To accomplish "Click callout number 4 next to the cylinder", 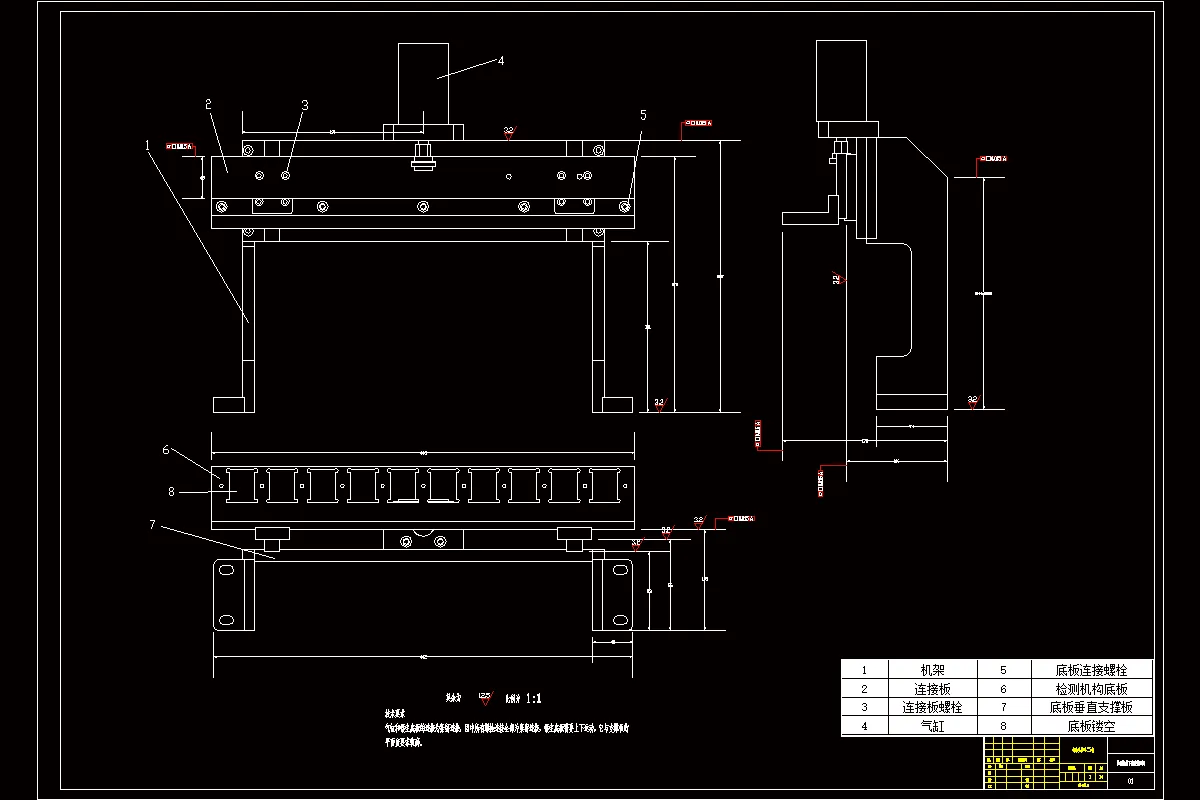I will tap(501, 60).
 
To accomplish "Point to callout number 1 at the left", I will tap(148, 144).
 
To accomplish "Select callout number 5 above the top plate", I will tap(643, 115).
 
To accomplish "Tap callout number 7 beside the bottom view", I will tap(151, 525).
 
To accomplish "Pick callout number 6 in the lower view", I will tap(166, 450).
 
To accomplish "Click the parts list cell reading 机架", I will tap(932, 670).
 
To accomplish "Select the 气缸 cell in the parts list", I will tap(932, 727).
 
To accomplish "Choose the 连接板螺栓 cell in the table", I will tap(932, 708).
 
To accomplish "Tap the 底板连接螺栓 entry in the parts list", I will tap(1091, 670).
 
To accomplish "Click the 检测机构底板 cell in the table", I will tap(1091, 689).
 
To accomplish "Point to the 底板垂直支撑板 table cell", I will tap(1091, 708).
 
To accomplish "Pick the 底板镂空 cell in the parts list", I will tap(1091, 727).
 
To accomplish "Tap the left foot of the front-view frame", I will tap(230, 404).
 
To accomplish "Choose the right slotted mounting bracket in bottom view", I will tap(612, 594).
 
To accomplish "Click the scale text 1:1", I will tap(533, 699).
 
